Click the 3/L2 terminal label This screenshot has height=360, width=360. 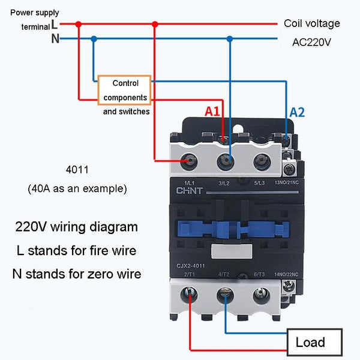224,182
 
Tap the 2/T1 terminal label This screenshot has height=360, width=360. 191,274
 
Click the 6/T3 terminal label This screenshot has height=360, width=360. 260,274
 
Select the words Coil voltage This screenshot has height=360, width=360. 311,23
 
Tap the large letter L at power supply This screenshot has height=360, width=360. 55,24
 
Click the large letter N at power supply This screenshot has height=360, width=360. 55,39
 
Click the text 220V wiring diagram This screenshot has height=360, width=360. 76,227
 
